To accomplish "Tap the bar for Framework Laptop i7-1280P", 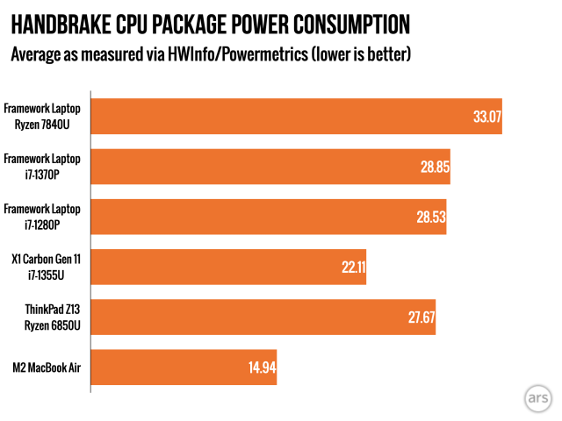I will [x=269, y=217].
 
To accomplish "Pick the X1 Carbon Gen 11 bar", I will [x=228, y=267].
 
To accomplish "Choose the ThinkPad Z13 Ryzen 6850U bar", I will [x=263, y=318].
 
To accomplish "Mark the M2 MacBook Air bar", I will [x=184, y=367].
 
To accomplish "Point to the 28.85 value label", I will [x=434, y=167].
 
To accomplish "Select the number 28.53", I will [x=431, y=217].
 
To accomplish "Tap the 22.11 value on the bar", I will [x=352, y=267].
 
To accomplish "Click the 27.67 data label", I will [x=421, y=318].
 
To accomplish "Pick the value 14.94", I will [x=262, y=367].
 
